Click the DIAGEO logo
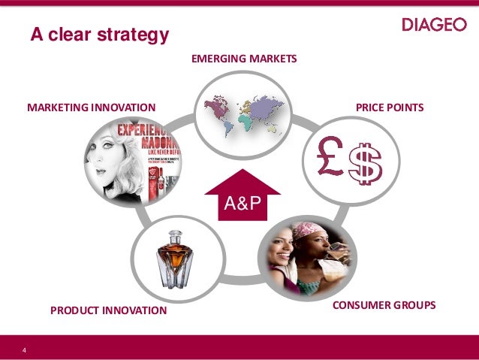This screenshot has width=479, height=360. tap(434, 25)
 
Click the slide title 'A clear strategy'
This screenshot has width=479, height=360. tap(99, 35)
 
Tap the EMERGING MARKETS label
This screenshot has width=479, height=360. tap(244, 58)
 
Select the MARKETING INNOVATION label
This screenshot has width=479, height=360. tap(91, 107)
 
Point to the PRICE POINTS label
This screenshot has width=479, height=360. tap(390, 107)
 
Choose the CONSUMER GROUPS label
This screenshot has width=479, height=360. tap(384, 306)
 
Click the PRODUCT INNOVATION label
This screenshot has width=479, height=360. tap(108, 309)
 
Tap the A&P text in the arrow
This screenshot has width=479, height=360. tap(241, 203)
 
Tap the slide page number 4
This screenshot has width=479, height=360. tap(25, 350)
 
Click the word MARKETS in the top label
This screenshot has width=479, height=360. tap(273, 58)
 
